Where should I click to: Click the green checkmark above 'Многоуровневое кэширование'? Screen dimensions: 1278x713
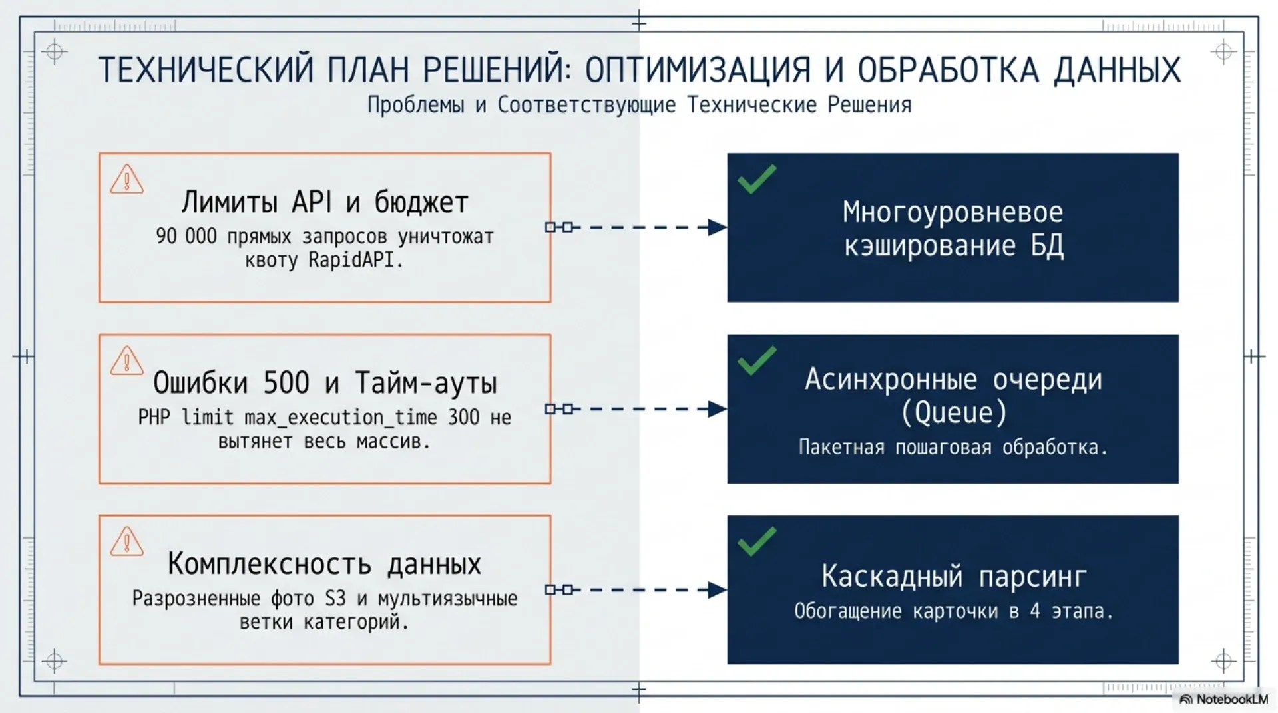coord(757,179)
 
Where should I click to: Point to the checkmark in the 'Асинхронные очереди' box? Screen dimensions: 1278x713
coord(757,360)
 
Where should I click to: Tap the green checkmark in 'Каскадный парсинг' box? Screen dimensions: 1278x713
coord(757,541)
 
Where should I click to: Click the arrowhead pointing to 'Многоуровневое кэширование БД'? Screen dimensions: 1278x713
coord(717,227)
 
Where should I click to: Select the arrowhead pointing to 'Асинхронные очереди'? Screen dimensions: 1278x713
coord(717,409)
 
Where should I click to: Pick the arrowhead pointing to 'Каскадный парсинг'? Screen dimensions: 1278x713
coord(717,590)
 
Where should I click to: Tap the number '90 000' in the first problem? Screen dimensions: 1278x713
coord(186,236)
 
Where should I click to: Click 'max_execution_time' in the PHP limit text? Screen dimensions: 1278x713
coord(341,418)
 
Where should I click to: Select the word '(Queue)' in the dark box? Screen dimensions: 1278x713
coord(953,413)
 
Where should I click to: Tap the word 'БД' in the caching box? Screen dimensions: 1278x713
coord(1047,246)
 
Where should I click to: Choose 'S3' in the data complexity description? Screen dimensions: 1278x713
coord(335,599)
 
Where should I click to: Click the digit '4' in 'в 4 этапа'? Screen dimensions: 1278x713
coord(1035,611)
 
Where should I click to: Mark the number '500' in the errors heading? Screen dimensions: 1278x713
coord(286,382)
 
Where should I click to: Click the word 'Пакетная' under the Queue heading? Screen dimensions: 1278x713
coord(841,447)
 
